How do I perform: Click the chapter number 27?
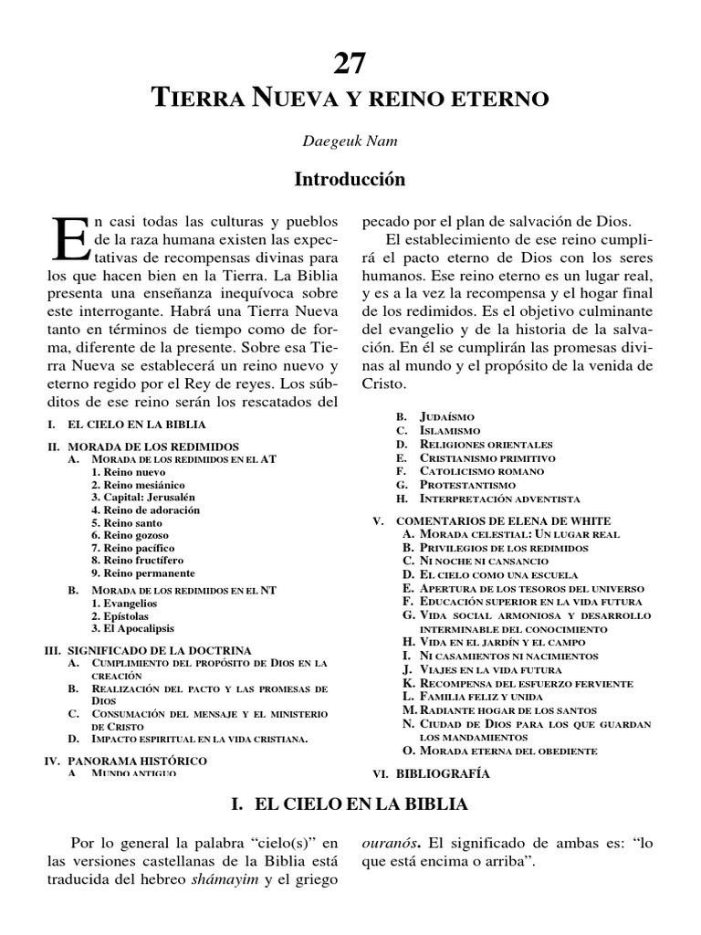pyautogui.click(x=350, y=63)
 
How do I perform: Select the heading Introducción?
pyautogui.click(x=350, y=180)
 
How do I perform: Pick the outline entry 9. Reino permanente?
pyautogui.click(x=142, y=573)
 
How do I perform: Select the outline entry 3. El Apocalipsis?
pyautogui.click(x=132, y=629)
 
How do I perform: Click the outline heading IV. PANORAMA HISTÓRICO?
pyautogui.click(x=126, y=760)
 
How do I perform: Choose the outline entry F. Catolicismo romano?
pyautogui.click(x=469, y=471)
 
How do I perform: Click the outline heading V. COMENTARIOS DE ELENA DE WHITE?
pyautogui.click(x=489, y=520)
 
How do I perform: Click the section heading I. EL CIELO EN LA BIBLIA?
pyautogui.click(x=350, y=804)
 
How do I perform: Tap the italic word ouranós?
pyautogui.click(x=394, y=842)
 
